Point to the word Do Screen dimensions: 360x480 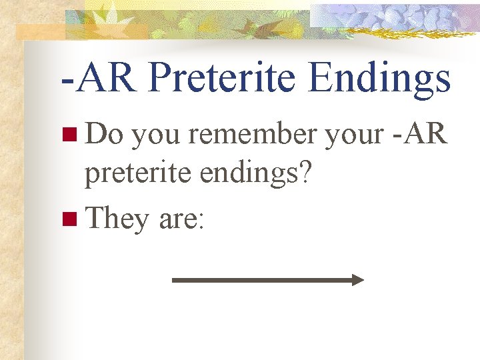click(x=104, y=135)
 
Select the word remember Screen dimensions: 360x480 click(x=253, y=135)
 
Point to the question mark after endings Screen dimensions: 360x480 click(x=307, y=175)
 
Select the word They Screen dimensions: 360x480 click(x=117, y=219)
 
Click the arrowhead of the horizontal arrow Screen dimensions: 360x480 click(x=359, y=280)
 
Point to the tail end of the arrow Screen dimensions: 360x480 click(x=175, y=280)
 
